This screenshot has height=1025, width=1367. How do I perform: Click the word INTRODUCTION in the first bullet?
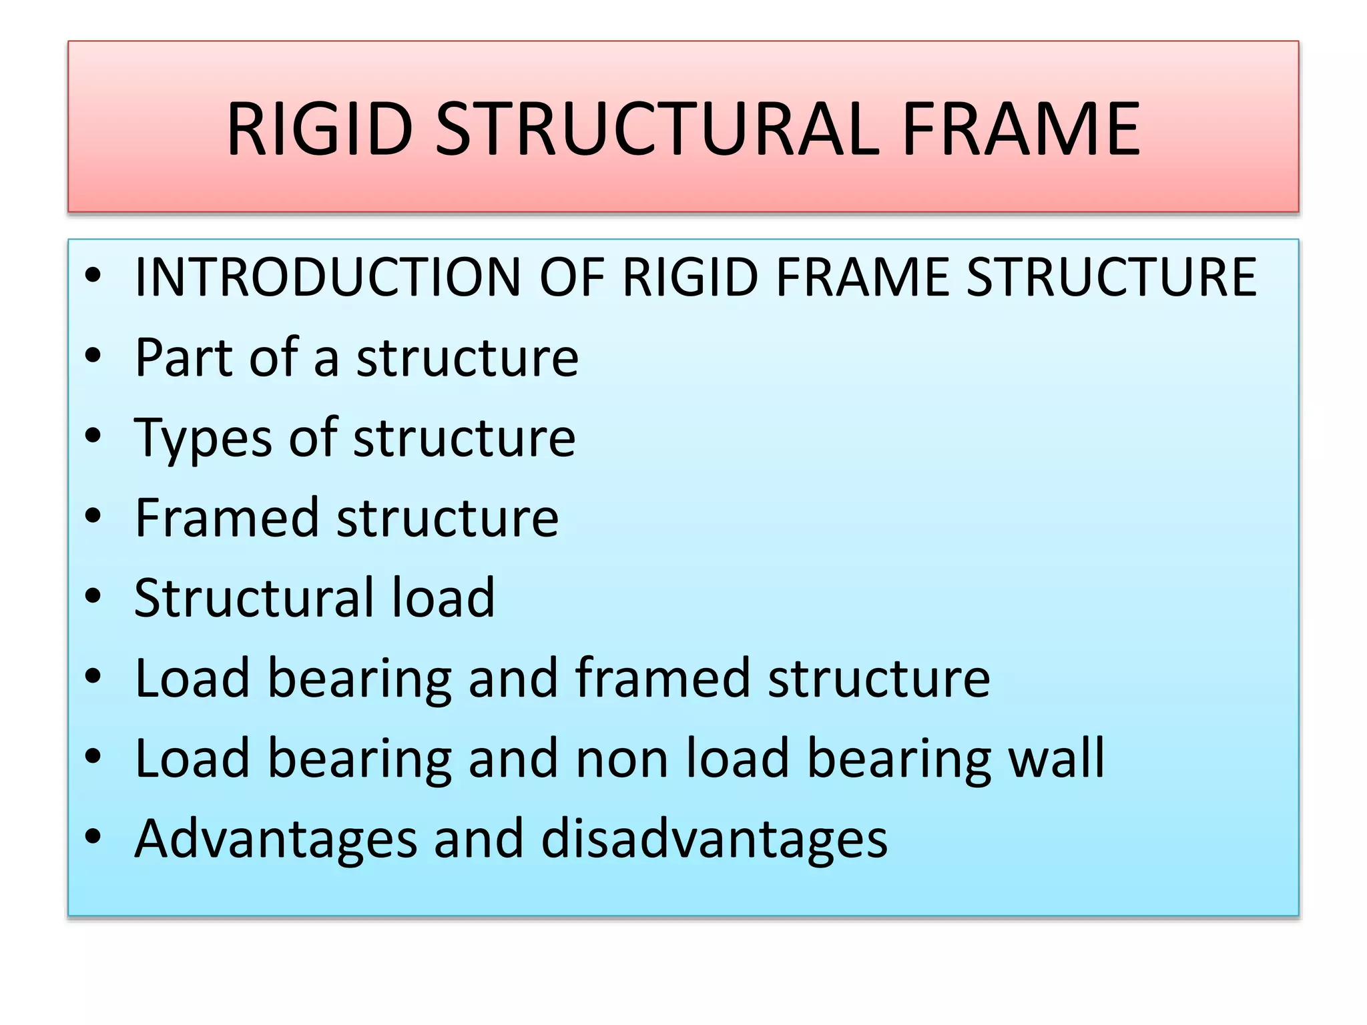click(328, 276)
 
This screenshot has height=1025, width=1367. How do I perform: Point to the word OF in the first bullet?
click(571, 276)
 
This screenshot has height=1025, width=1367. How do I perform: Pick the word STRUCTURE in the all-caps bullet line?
click(1111, 276)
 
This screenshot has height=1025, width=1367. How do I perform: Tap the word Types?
click(203, 439)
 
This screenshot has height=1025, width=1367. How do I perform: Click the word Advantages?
click(276, 839)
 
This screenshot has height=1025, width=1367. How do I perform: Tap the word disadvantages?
click(714, 838)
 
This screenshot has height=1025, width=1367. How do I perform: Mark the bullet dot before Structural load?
click(93, 595)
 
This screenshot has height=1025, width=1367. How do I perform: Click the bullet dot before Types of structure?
click(93, 435)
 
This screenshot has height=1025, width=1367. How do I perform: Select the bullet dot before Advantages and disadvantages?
click(93, 836)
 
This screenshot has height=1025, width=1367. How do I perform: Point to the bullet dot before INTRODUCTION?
click(93, 274)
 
